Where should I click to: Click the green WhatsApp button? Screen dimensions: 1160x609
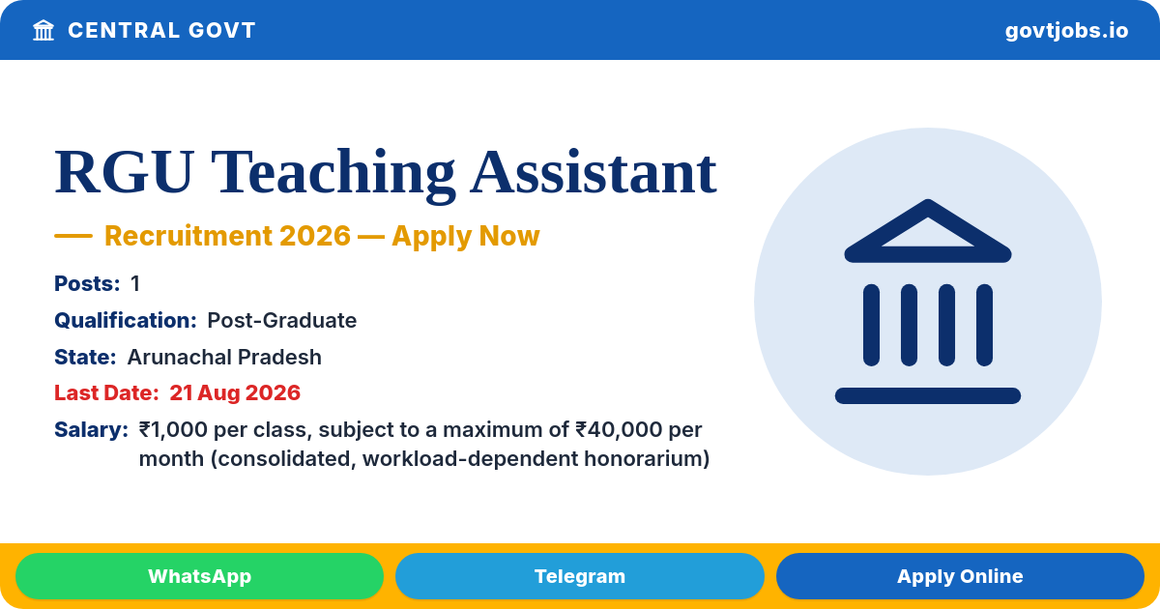(199, 576)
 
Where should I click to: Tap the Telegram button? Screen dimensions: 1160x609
(579, 576)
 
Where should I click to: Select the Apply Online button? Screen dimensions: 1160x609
(960, 576)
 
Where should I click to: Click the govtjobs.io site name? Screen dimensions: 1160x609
(1066, 31)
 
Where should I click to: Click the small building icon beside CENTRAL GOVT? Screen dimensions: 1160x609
(43, 30)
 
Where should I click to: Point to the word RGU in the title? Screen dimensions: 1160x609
(125, 171)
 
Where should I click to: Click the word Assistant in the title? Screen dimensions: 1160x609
(594, 171)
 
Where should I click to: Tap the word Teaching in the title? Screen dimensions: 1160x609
(333, 175)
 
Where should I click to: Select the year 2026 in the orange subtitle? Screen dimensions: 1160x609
(315, 236)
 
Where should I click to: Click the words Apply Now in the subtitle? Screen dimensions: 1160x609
(466, 236)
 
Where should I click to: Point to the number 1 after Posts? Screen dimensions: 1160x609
(135, 284)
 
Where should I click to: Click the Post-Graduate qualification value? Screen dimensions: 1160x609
(281, 321)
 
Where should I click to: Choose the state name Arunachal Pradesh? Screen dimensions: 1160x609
(224, 358)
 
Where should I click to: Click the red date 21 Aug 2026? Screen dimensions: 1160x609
(235, 393)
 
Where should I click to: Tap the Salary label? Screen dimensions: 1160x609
(91, 430)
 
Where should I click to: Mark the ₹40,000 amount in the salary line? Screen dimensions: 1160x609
(619, 430)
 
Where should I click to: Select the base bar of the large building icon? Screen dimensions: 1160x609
(927, 395)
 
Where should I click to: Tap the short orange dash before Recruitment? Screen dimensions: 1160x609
(73, 236)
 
